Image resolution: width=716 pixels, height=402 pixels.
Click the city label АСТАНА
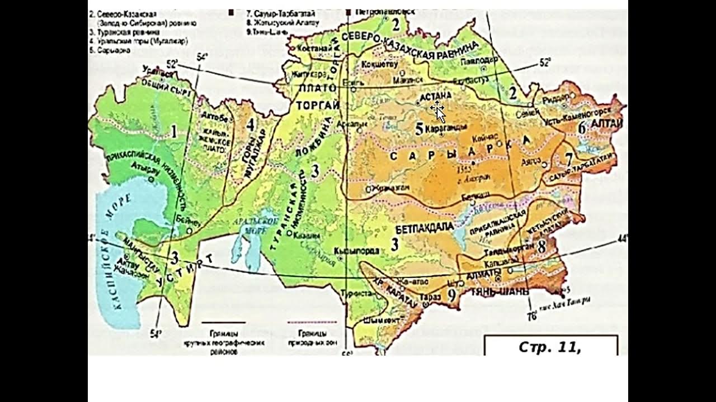435,95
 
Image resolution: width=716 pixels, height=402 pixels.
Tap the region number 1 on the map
174,132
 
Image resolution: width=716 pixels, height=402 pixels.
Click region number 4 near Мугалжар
251,124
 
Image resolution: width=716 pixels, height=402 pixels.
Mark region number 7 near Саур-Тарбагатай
569,159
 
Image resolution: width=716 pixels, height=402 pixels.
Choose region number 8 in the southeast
541,245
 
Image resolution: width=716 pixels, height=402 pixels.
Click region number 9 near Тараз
451,295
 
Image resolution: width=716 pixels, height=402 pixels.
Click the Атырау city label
143,166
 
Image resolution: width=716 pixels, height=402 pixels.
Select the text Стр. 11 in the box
550,347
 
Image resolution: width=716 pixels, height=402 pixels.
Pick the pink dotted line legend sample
312,323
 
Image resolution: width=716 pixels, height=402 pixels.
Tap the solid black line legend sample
223,323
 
